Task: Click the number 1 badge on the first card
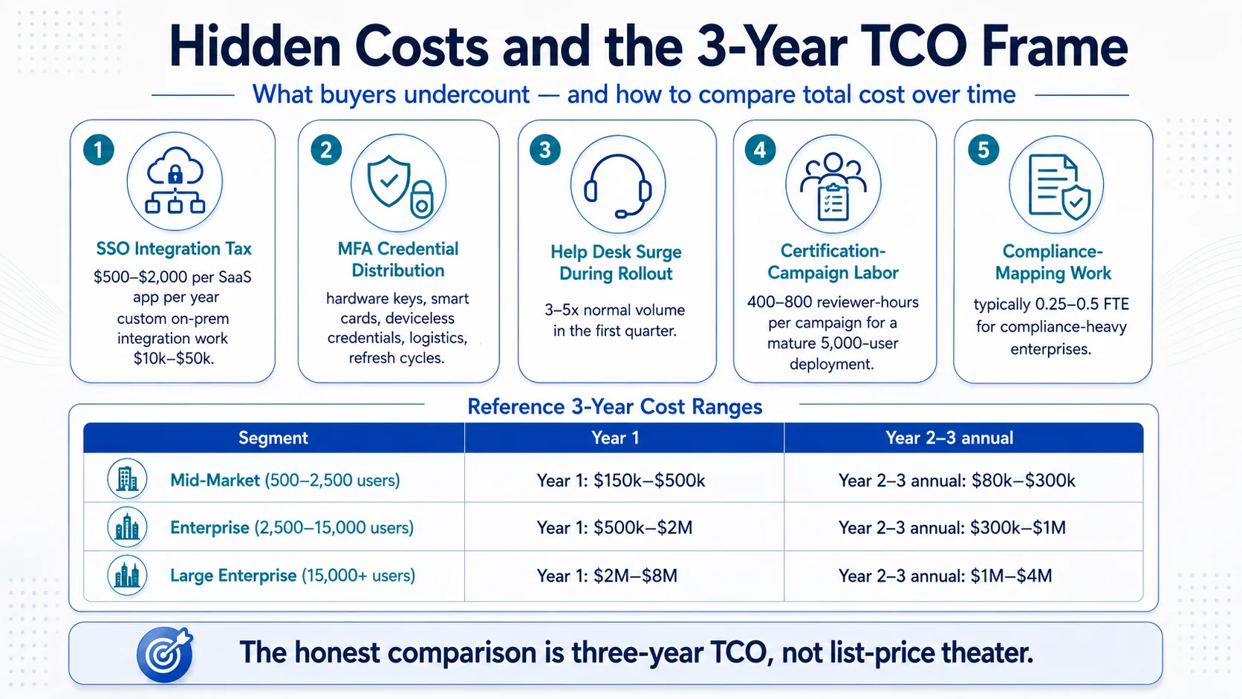(x=99, y=149)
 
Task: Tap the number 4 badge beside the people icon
(x=760, y=149)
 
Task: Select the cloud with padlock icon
(x=175, y=181)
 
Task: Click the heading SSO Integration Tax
(x=174, y=248)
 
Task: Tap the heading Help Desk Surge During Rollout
(x=616, y=263)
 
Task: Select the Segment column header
(x=273, y=438)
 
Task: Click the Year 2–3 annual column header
(x=949, y=438)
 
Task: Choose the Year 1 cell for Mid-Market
(x=621, y=480)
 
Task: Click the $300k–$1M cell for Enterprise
(x=952, y=527)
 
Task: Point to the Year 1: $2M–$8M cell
(x=607, y=576)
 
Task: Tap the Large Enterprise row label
(x=293, y=576)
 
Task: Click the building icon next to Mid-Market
(x=127, y=479)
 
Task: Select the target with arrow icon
(x=165, y=654)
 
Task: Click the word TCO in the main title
(x=915, y=47)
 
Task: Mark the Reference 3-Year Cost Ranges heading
(x=615, y=407)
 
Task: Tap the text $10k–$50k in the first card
(x=174, y=359)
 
